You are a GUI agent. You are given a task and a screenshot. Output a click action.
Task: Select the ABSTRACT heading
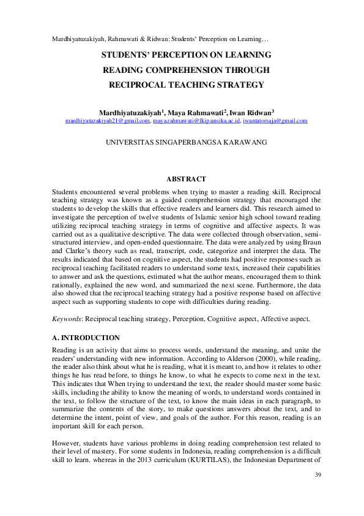click(x=186, y=179)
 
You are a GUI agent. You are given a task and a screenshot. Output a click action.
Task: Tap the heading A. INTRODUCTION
click(x=86, y=338)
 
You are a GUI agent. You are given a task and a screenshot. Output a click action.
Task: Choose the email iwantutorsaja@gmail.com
click(x=275, y=121)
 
